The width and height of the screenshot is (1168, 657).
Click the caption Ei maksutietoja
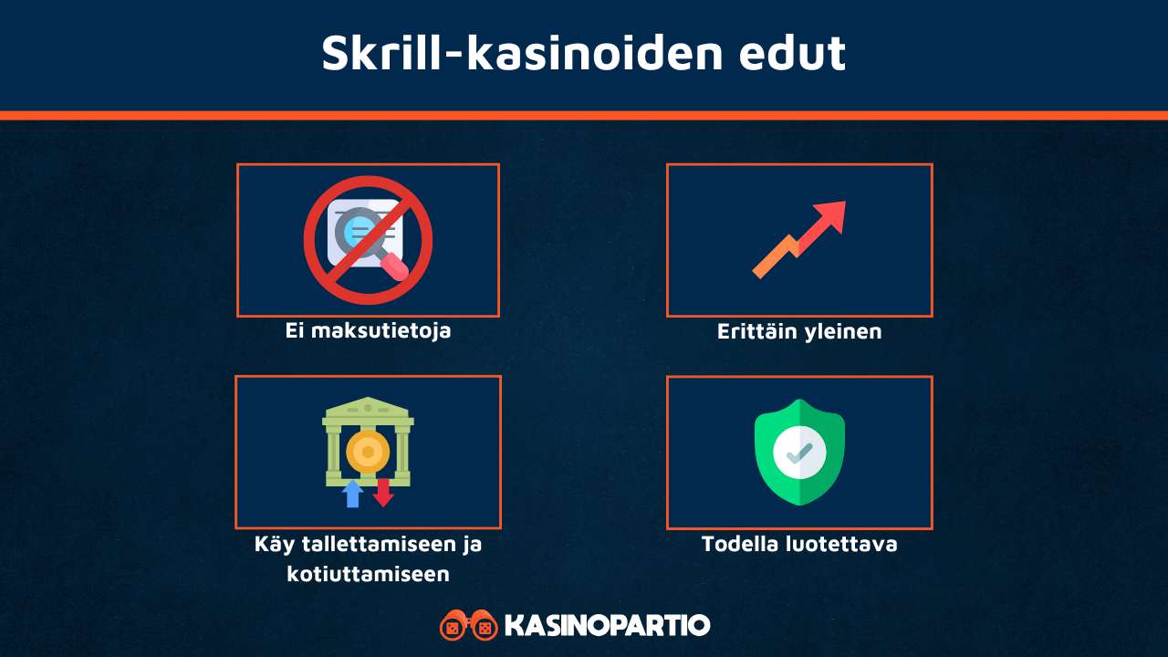pyautogui.click(x=368, y=330)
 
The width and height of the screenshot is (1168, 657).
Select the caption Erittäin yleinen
pyautogui.click(x=799, y=331)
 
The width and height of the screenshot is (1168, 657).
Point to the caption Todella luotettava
pyautogui.click(x=799, y=544)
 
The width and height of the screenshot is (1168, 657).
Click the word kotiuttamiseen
pyautogui.click(x=368, y=574)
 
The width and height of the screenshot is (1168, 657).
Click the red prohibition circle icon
pyautogui.click(x=368, y=240)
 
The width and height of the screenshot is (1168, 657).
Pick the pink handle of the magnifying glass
pyautogui.click(x=395, y=266)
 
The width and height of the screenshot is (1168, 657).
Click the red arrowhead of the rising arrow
pyautogui.click(x=831, y=217)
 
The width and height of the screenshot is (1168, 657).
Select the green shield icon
pyautogui.click(x=799, y=452)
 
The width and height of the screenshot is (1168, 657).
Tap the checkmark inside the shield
pyautogui.click(x=799, y=451)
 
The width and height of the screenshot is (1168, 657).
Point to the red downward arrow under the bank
pyautogui.click(x=383, y=493)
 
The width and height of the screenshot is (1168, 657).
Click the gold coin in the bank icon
pyautogui.click(x=368, y=453)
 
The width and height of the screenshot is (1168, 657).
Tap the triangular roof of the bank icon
pyautogui.click(x=368, y=407)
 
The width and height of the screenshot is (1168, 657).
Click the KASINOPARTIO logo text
pyautogui.click(x=607, y=626)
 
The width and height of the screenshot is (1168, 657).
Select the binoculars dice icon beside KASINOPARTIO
pyautogui.click(x=468, y=626)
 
